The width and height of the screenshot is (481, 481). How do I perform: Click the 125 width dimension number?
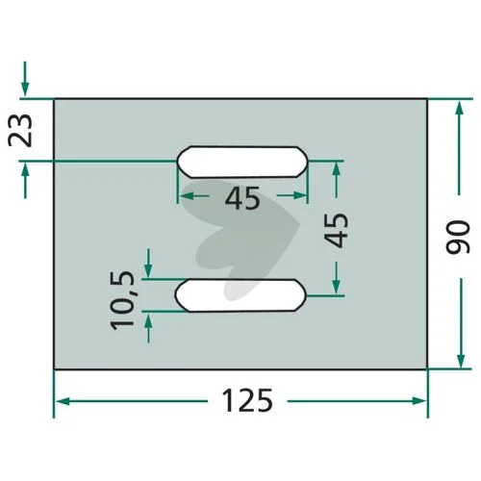pyautogui.click(x=247, y=400)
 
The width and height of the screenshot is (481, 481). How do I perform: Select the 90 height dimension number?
pyautogui.click(x=458, y=237)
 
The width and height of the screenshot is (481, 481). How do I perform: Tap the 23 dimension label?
pyautogui.click(x=20, y=130)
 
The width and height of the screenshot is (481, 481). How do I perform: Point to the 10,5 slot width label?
pyautogui.click(x=122, y=300)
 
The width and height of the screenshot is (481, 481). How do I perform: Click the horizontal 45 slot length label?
pyautogui.click(x=242, y=198)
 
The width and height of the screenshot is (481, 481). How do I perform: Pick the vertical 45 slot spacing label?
pyautogui.click(x=336, y=230)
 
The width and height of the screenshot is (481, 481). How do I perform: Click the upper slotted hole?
pyautogui.click(x=242, y=162)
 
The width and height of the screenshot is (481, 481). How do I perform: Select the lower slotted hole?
pyautogui.click(x=240, y=295)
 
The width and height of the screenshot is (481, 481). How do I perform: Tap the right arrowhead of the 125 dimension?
pyautogui.click(x=418, y=400)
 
